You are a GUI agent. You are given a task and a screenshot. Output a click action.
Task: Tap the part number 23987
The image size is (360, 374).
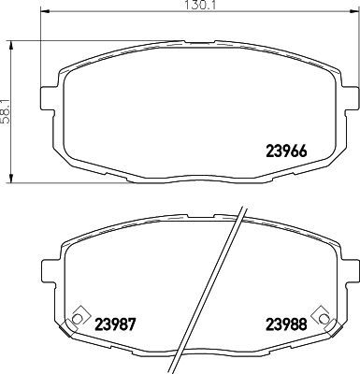(x=117, y=325)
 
